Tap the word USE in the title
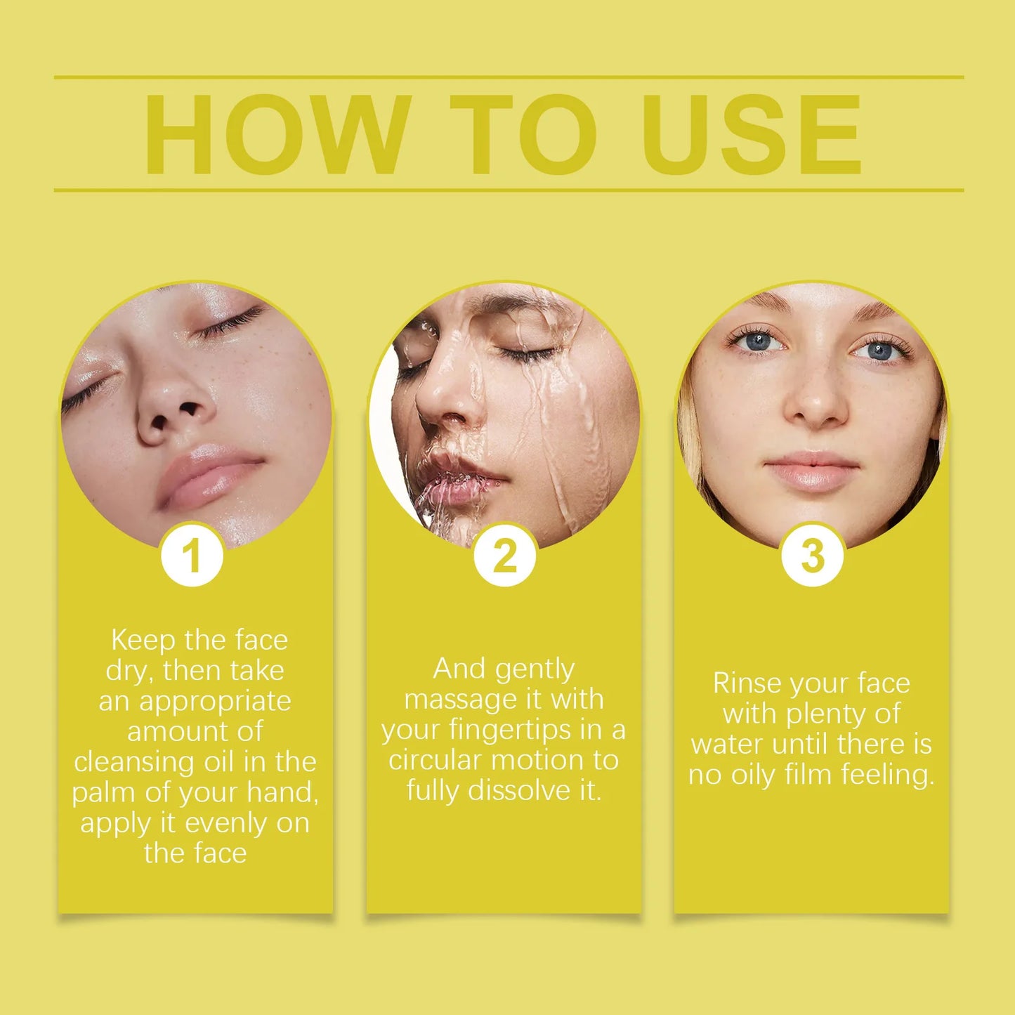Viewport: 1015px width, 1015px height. click(x=752, y=134)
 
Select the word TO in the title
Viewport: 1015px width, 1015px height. click(x=523, y=134)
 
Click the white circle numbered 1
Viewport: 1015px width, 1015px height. click(x=192, y=556)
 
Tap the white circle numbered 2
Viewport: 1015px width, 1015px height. click(x=504, y=556)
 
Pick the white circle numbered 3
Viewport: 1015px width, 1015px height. click(x=812, y=556)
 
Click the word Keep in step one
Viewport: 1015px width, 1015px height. click(x=143, y=640)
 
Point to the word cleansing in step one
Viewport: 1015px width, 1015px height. click(x=135, y=761)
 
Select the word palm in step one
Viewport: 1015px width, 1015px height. click(x=105, y=793)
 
